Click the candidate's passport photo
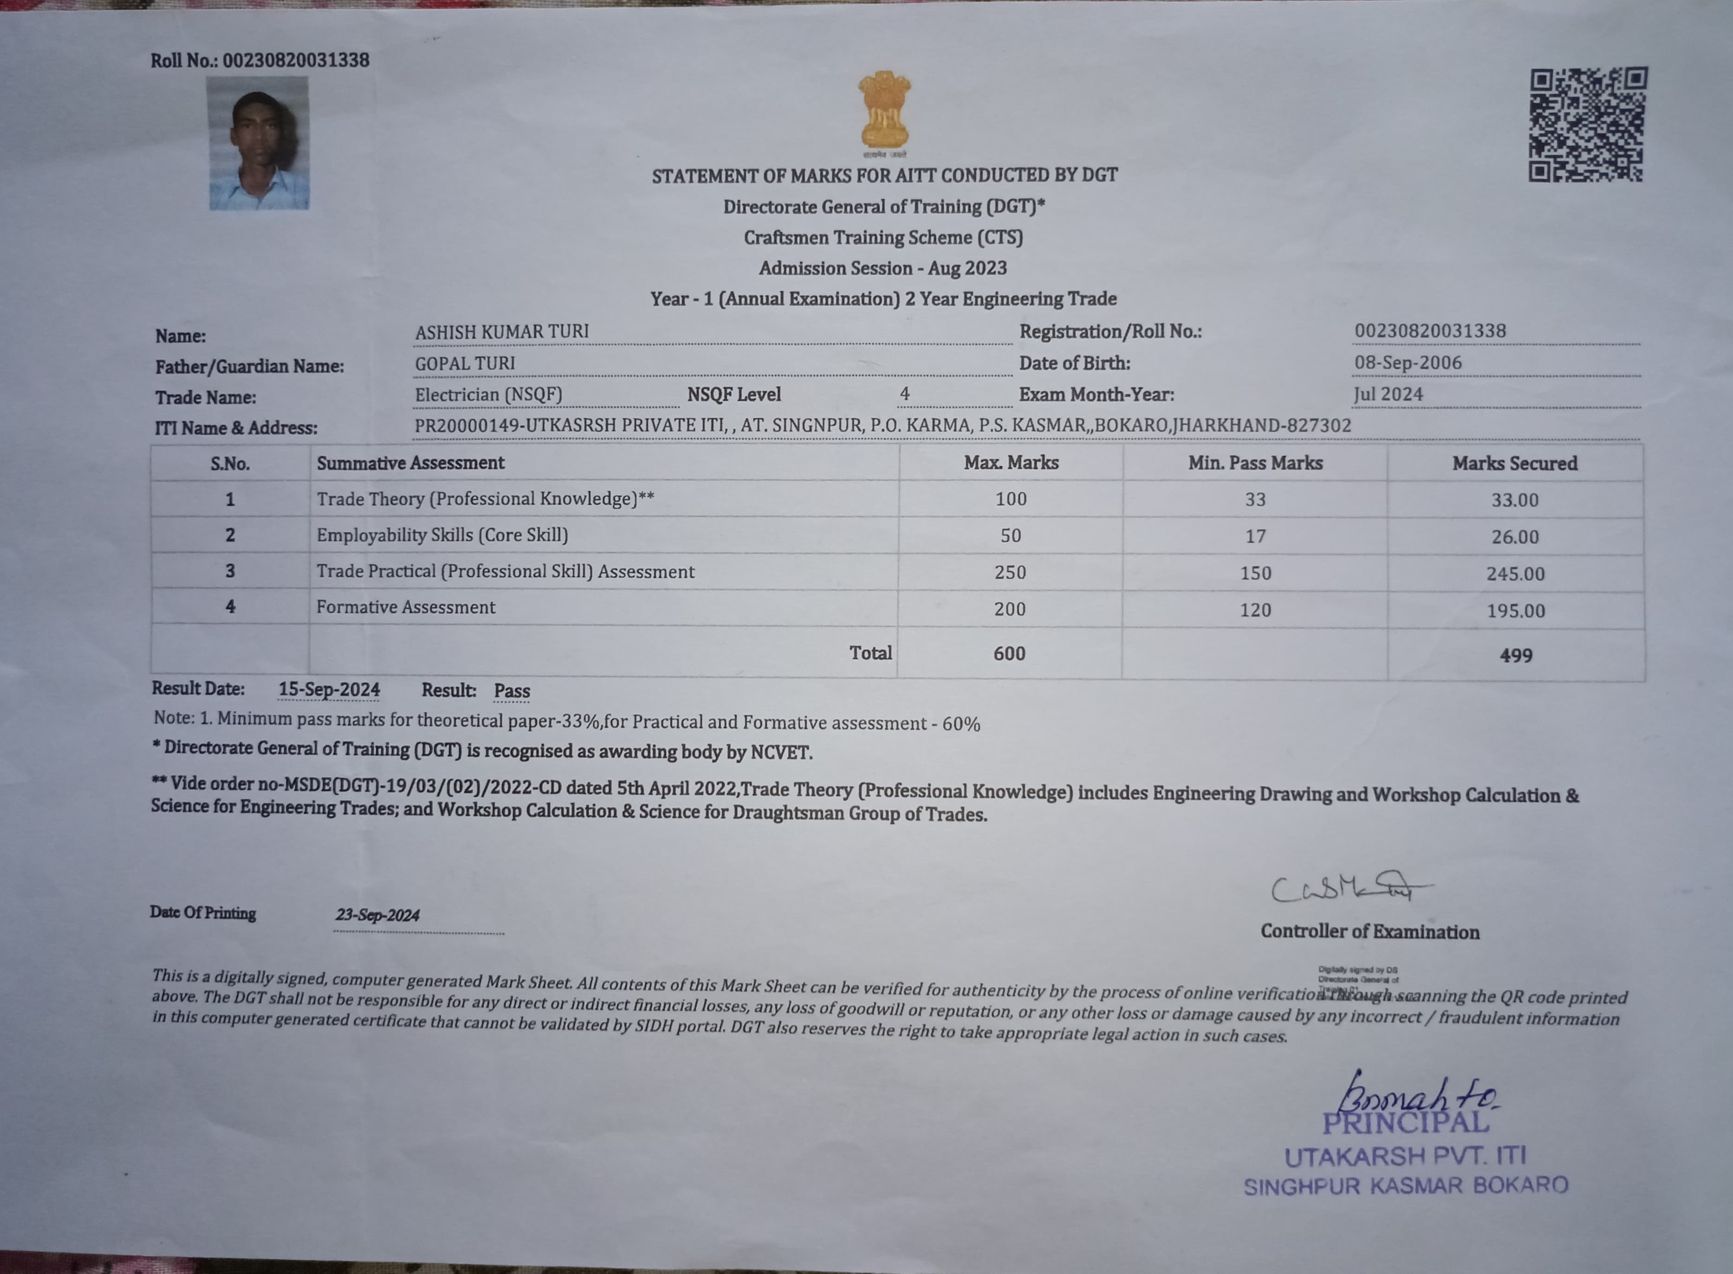(259, 143)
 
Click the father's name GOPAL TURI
(465, 363)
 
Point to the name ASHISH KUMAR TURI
(501, 332)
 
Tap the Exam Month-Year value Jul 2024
(1388, 394)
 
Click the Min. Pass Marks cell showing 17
(1255, 536)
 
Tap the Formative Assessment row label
(405, 607)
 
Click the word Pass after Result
(512, 691)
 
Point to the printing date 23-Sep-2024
(377, 915)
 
